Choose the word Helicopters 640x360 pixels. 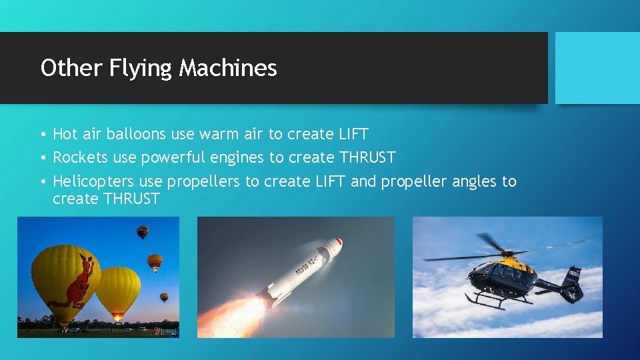93,181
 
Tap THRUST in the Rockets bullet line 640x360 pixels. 367,157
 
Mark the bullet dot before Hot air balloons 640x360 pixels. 41,135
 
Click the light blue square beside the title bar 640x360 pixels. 597,68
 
